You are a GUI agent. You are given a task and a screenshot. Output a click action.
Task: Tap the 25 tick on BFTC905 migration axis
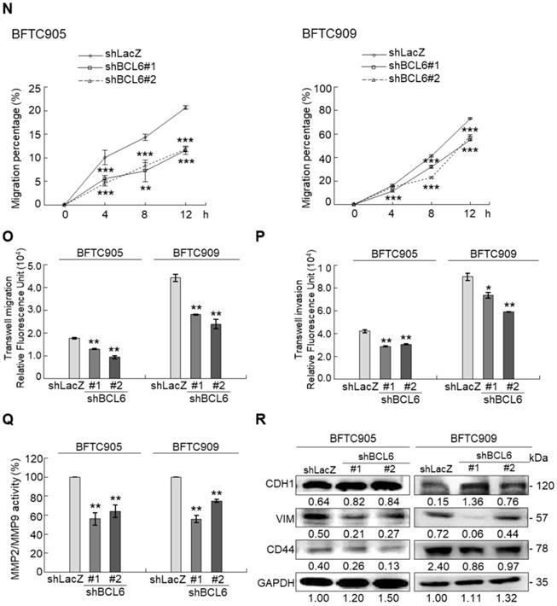[38, 87]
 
